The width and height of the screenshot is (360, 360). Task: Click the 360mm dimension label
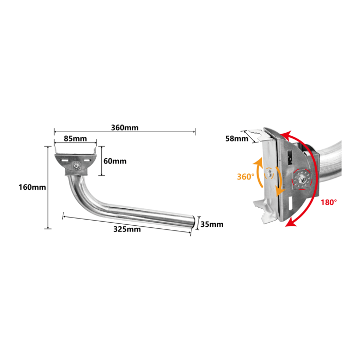pyautogui.click(x=124, y=128)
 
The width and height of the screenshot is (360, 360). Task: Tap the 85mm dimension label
pyautogui.click(x=75, y=139)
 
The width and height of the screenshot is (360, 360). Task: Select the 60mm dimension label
pyautogui.click(x=115, y=161)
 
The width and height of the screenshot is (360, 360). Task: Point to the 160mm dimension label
pyautogui.click(x=32, y=187)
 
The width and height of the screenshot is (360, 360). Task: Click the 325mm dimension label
pyautogui.click(x=127, y=229)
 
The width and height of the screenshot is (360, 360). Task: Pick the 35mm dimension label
pyautogui.click(x=212, y=224)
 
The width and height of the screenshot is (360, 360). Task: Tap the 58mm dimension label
pyautogui.click(x=237, y=139)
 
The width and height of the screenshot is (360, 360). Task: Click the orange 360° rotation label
pyautogui.click(x=245, y=177)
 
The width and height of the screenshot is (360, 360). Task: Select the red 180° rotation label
pyautogui.click(x=329, y=202)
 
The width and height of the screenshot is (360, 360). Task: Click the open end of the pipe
pyautogui.click(x=193, y=222)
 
